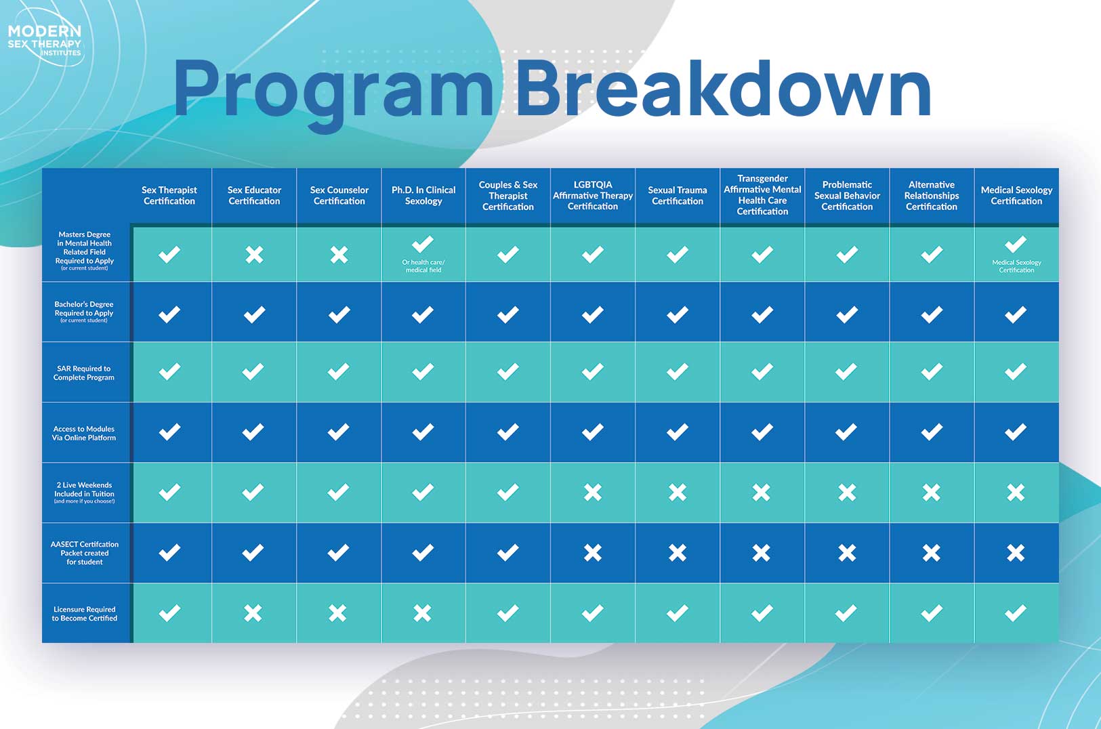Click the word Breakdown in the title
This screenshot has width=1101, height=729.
pos(723,89)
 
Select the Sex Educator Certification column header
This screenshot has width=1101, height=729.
pos(254,195)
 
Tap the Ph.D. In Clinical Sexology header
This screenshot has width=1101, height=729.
pos(423,195)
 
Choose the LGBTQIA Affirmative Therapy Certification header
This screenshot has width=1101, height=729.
pos(593,195)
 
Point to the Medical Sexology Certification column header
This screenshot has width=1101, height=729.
pos(1016,195)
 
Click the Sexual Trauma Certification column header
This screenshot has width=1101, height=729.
pos(678,195)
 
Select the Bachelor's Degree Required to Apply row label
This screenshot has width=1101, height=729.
pos(84,312)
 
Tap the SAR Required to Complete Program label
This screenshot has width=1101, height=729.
pos(83,373)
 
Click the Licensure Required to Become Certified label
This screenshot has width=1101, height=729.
pos(85,613)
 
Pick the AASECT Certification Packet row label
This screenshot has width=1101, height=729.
pos(85,553)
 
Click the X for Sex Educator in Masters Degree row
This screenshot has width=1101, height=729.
pos(254,255)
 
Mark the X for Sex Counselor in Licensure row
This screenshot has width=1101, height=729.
pos(337,613)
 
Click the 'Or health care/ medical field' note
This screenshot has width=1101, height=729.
pos(423,266)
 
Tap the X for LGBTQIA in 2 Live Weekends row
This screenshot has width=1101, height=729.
pos(593,492)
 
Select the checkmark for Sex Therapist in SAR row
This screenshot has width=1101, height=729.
pos(169,372)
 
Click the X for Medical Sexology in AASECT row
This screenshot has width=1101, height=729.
pos(1016,553)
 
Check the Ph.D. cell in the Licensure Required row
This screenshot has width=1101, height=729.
pos(422,613)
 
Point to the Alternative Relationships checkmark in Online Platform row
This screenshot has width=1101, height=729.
pos(932,432)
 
